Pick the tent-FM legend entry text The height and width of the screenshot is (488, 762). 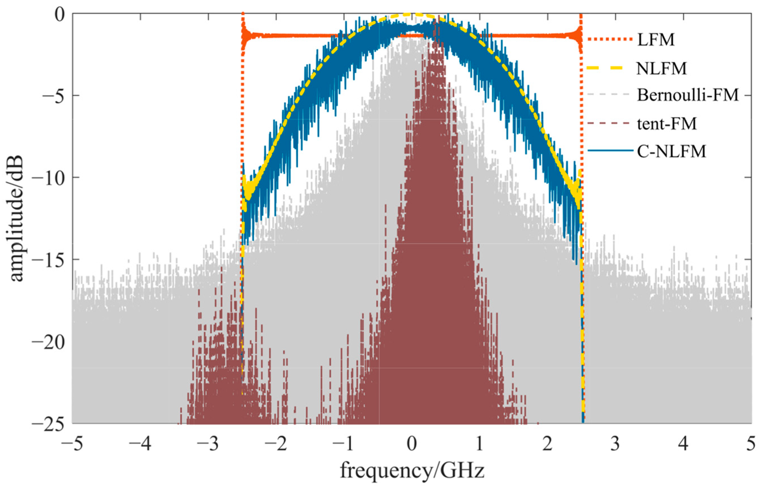[x=667, y=123]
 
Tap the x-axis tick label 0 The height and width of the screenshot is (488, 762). [x=411, y=444]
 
